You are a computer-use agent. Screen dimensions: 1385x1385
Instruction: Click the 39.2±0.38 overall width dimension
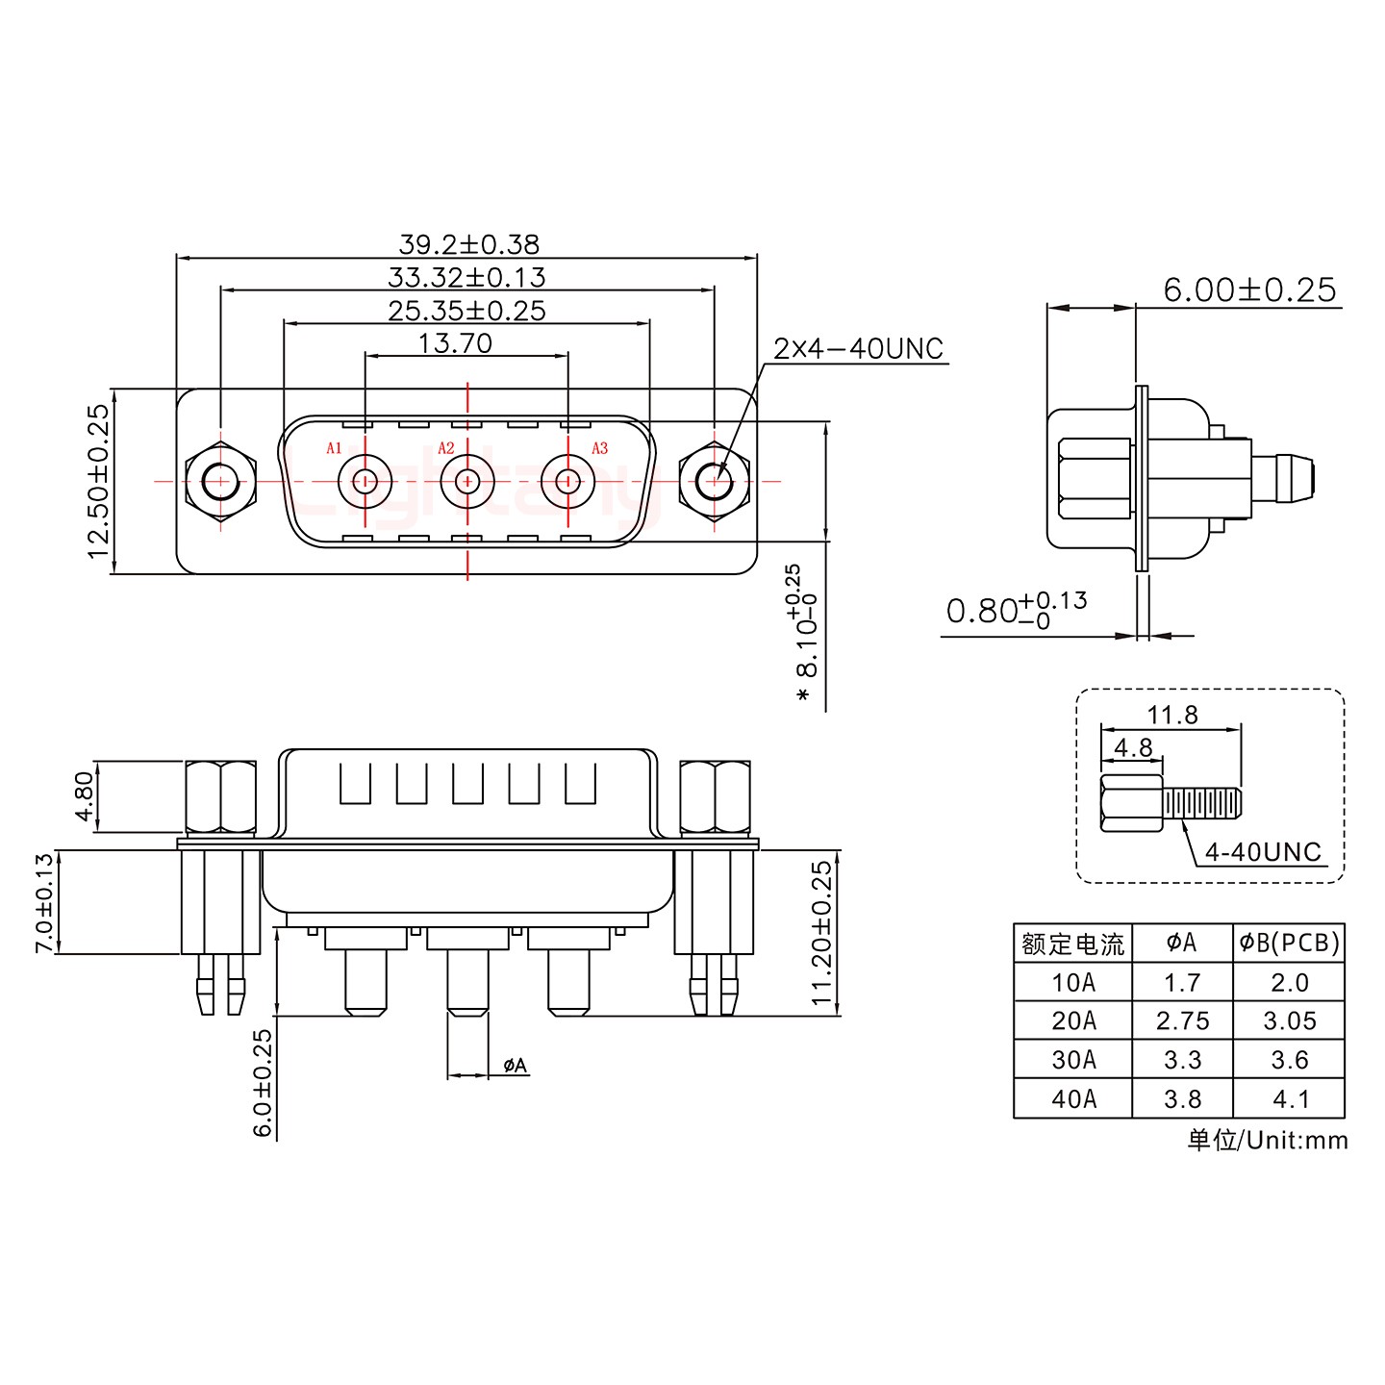coord(468,244)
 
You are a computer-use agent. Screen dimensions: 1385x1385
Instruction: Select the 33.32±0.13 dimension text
coord(466,278)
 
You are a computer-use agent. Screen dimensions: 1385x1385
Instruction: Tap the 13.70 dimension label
coord(455,343)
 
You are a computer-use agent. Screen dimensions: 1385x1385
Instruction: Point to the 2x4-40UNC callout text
coord(858,349)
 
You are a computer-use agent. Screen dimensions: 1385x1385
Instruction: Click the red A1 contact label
coord(334,448)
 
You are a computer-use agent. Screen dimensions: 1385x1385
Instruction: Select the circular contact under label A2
coord(467,480)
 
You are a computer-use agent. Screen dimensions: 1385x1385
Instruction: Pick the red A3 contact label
coord(599,448)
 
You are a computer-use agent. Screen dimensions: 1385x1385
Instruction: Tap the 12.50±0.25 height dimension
coord(98,481)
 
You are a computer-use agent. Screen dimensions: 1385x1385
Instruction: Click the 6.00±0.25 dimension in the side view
coord(1249,290)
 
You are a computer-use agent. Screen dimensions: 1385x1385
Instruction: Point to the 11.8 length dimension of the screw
coord(1171,715)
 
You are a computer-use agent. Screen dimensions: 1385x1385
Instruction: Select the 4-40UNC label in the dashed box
coord(1262,852)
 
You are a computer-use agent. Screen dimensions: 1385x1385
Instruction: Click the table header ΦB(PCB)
coord(1289,943)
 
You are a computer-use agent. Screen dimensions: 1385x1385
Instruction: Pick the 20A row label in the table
coord(1073,1020)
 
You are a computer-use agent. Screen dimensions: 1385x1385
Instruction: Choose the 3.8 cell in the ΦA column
coord(1182,1098)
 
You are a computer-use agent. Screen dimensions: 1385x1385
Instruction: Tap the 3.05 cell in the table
coord(1289,1020)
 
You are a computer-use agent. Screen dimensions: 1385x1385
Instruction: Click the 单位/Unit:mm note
coord(1267,1140)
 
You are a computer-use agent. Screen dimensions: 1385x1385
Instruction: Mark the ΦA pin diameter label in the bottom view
coord(515,1065)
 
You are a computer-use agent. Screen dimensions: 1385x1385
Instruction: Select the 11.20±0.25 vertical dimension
coord(821,933)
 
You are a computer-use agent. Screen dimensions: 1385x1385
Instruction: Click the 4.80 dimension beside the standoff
coord(85,796)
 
